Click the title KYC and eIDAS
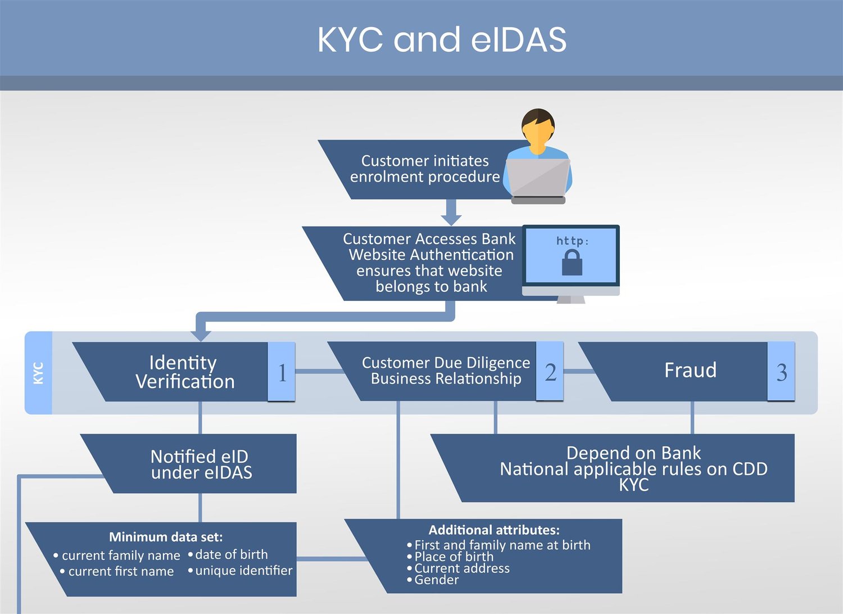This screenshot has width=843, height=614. coord(442,39)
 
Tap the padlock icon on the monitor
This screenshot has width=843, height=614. coord(572,263)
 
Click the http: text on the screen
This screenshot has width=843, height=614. coord(572,241)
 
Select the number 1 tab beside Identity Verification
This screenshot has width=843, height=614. coord(282,372)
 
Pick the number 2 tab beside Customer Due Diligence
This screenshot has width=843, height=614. coord(550,372)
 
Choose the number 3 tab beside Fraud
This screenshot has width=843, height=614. coord(781,372)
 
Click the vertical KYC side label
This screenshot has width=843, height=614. coord(38,373)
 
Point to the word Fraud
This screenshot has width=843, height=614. coord(690,371)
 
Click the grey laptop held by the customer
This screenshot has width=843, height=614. coord(537,179)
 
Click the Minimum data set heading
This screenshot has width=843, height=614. coord(166,537)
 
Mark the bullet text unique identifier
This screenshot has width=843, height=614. coord(243,571)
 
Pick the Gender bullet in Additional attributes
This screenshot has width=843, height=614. coord(436,580)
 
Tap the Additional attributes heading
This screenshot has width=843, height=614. coord(494,530)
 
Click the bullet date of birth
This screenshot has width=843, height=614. coord(231,554)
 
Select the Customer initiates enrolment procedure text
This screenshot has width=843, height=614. coord(425,169)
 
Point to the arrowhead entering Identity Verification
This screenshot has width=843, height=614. coord(201,336)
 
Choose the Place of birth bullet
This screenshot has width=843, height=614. coord(454,557)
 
